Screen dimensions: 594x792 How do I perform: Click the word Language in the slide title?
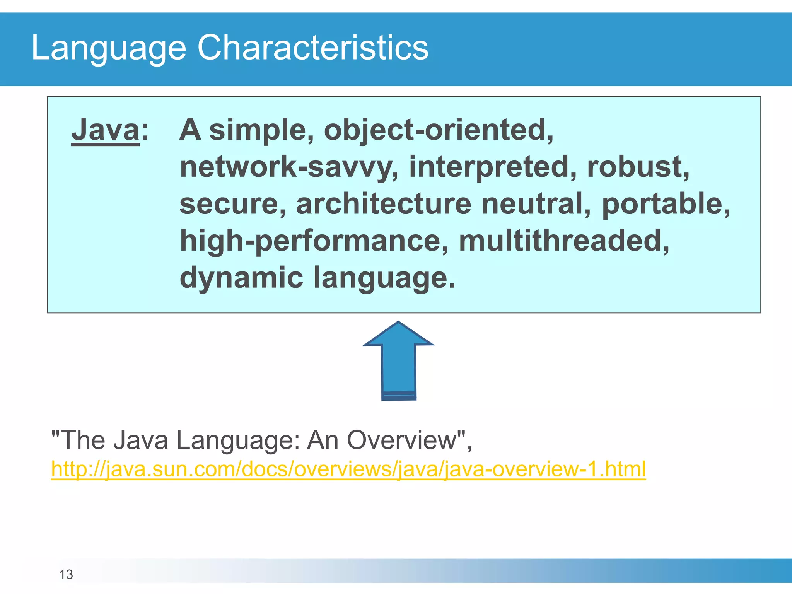pos(108,48)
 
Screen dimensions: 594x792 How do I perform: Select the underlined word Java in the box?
pos(105,130)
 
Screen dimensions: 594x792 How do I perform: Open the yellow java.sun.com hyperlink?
pos(348,469)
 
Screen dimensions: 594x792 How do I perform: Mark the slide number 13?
pos(66,575)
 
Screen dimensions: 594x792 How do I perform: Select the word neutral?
pos(536,204)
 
